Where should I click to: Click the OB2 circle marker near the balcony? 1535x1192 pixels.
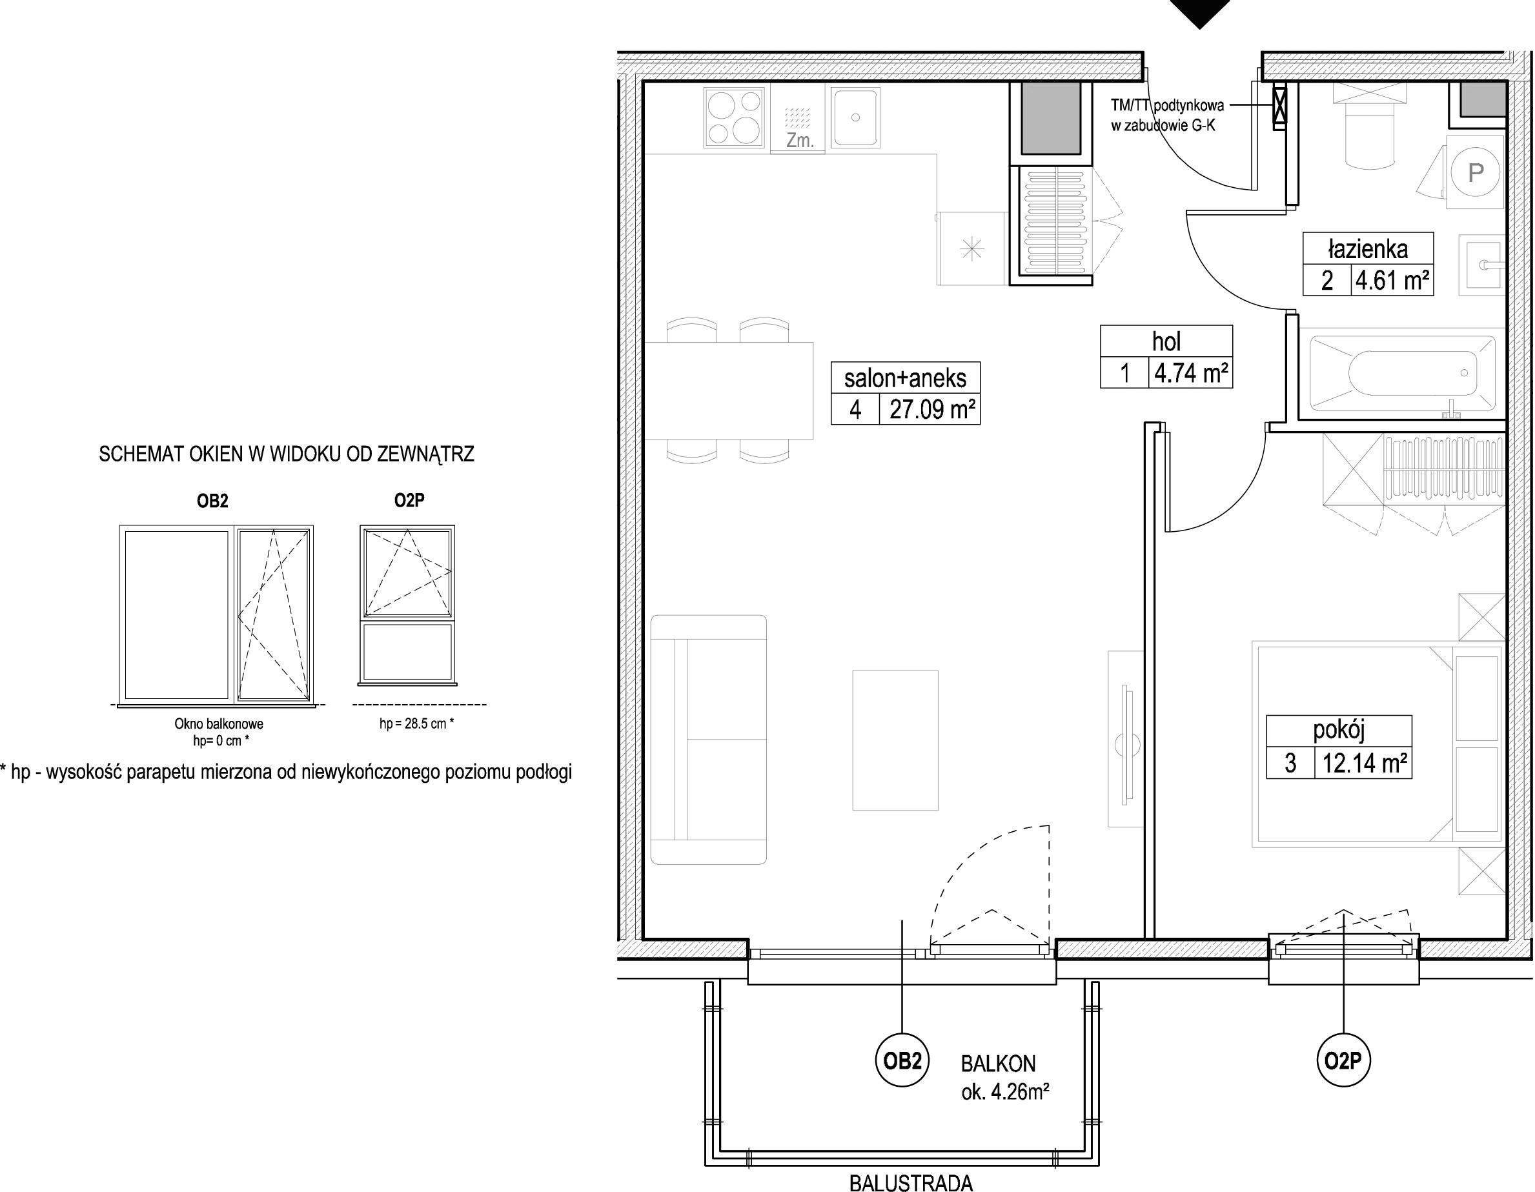tap(902, 1060)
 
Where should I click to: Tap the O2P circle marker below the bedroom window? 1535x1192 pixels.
tap(1343, 1060)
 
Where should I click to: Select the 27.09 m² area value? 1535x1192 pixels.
tap(932, 409)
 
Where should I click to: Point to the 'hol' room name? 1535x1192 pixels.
tap(1166, 341)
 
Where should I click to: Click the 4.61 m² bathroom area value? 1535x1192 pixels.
tap(1392, 281)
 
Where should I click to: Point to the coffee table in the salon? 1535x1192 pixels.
tap(895, 740)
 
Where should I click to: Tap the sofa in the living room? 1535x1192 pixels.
tap(709, 740)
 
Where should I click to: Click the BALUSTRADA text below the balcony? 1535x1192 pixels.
tap(911, 1183)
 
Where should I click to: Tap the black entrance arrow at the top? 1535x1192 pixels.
tap(1200, 12)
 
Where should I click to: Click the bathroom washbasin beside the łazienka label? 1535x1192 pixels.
tap(1481, 265)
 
